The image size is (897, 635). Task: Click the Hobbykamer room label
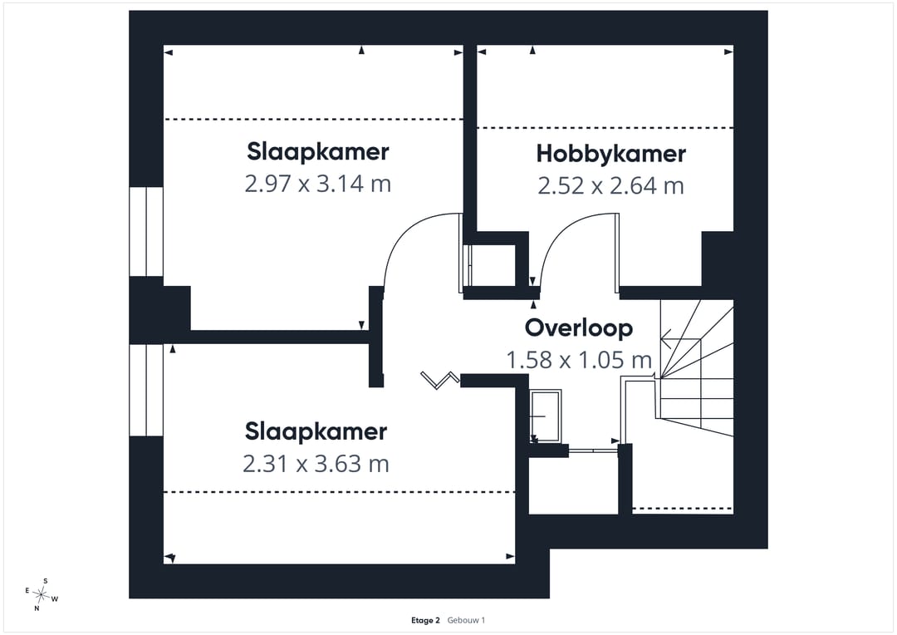[x=611, y=154]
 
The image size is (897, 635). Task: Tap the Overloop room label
[x=579, y=327]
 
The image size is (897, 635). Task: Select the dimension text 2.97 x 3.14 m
[x=318, y=184]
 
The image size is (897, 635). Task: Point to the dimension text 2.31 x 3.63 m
[x=316, y=463]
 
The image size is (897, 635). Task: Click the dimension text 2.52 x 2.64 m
[x=611, y=185]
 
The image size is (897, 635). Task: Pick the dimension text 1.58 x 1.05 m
[x=579, y=360]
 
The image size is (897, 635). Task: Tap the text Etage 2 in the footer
[x=425, y=620]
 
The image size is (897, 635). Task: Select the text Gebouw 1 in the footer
[x=466, y=620]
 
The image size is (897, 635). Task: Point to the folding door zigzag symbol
[x=439, y=380]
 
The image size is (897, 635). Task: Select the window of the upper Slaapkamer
[x=146, y=231]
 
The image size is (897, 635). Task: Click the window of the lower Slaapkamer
[x=146, y=390]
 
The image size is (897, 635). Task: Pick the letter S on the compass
[x=46, y=581]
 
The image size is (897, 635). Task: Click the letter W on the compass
[x=55, y=599]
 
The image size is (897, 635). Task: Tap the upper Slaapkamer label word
[x=318, y=152]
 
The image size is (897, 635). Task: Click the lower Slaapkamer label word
[x=316, y=431]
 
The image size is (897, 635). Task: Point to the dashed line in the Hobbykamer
[x=605, y=128]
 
